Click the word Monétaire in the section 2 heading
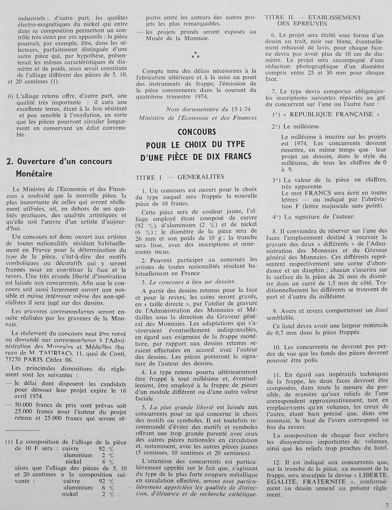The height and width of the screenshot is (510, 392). pos(34,174)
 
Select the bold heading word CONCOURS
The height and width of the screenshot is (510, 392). pos(197,132)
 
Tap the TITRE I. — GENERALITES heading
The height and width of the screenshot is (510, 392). pos(180,177)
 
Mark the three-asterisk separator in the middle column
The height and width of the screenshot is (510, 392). pos(195,55)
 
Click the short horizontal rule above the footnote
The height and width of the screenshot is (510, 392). pos(22,430)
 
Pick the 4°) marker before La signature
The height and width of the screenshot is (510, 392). pos(277,217)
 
